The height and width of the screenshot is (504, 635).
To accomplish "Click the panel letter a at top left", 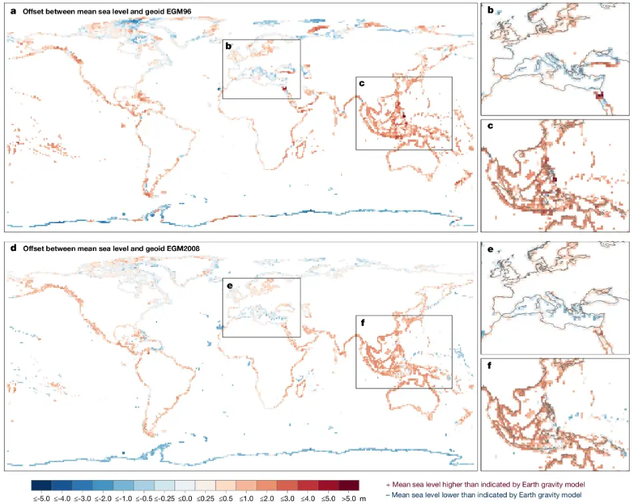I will [13, 11].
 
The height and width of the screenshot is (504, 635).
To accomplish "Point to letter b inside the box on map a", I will [229, 46].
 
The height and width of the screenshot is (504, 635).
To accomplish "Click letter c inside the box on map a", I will [362, 83].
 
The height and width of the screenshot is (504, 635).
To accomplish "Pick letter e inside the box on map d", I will [229, 286].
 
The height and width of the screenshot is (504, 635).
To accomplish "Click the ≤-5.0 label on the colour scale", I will [41, 499].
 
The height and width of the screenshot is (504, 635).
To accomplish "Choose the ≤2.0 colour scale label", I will [247, 499].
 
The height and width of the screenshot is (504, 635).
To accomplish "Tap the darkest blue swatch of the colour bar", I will [41, 485].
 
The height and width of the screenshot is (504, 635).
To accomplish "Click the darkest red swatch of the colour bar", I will [348, 485].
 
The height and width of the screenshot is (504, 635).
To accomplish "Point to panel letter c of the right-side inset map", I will [490, 126].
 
